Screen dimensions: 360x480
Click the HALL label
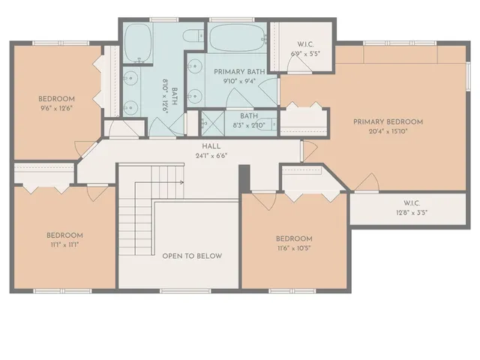point(210,146)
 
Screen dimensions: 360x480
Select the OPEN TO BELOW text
point(192,256)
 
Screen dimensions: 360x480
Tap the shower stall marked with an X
point(211,122)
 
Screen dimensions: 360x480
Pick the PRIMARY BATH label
point(235,72)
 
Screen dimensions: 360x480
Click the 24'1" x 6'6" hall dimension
point(210,156)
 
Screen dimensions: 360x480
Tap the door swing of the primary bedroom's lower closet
point(366,181)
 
